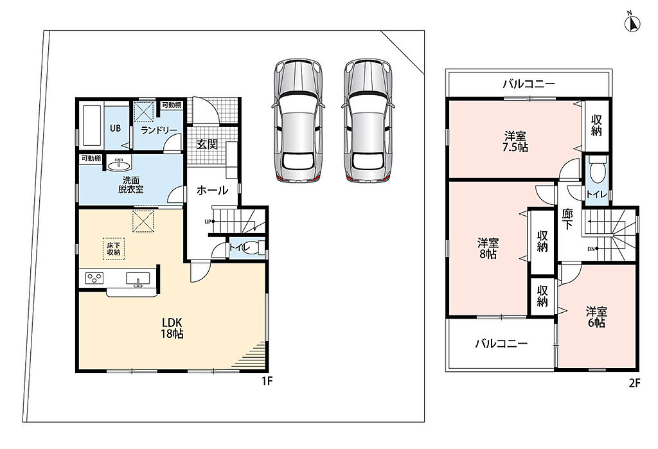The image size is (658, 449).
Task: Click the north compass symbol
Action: click(x=633, y=24)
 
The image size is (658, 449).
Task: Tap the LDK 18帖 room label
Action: click(x=172, y=328)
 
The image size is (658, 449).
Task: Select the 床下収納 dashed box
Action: click(x=114, y=249)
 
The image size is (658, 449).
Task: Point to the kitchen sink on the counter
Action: click(x=138, y=279)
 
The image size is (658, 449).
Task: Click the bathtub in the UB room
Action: click(x=92, y=125)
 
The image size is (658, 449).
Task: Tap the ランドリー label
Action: click(x=159, y=130)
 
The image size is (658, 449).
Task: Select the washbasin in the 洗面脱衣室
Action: click(x=119, y=164)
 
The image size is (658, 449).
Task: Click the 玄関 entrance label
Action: click(x=207, y=145)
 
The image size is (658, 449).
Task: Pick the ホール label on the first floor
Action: click(x=212, y=190)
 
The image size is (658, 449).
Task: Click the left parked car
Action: click(x=298, y=120)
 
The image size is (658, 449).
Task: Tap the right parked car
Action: click(x=368, y=120)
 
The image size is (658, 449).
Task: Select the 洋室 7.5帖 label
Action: click(x=515, y=142)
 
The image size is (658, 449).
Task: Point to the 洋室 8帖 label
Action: click(x=488, y=249)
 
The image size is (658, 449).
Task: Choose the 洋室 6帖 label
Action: click(x=596, y=317)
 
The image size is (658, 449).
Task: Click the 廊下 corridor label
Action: click(x=567, y=219)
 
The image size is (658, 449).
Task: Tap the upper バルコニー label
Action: click(x=529, y=84)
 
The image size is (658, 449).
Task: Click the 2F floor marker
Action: click(x=634, y=383)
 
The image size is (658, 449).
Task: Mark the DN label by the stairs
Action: click(x=591, y=249)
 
